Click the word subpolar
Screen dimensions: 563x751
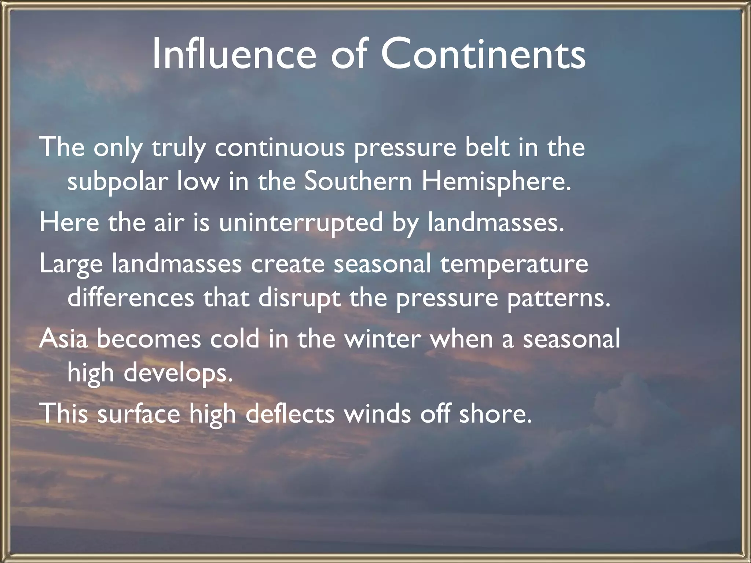117,182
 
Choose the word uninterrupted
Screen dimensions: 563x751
301,223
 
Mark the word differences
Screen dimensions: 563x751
131,298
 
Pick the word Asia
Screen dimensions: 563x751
63,339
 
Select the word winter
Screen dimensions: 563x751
382,339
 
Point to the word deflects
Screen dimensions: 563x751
290,413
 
